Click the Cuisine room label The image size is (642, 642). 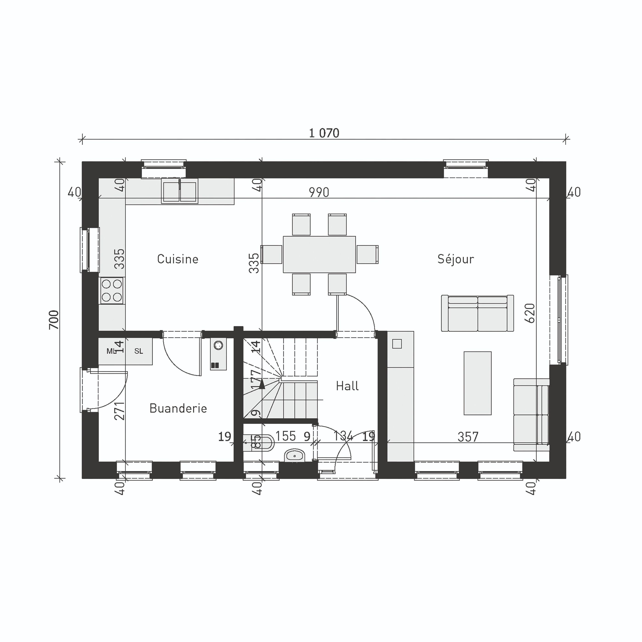pyautogui.click(x=177, y=259)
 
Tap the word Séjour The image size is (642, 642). pyautogui.click(x=455, y=259)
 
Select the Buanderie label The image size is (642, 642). pyautogui.click(x=178, y=408)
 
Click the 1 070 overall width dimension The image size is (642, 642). pyautogui.click(x=324, y=133)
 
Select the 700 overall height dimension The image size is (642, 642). pyautogui.click(x=54, y=320)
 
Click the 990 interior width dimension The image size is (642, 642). pyautogui.click(x=319, y=192)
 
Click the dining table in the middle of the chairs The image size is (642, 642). pyautogui.click(x=319, y=254)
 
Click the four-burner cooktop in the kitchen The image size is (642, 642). pyautogui.click(x=112, y=291)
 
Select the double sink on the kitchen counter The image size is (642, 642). pyautogui.click(x=180, y=191)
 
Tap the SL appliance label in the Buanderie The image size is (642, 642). pyautogui.click(x=138, y=351)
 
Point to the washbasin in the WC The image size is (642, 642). pyautogui.click(x=294, y=456)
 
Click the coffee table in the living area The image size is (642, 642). pyautogui.click(x=478, y=383)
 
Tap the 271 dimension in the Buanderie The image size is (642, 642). pyautogui.click(x=119, y=411)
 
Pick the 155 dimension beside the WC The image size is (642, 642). pyautogui.click(x=285, y=436)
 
